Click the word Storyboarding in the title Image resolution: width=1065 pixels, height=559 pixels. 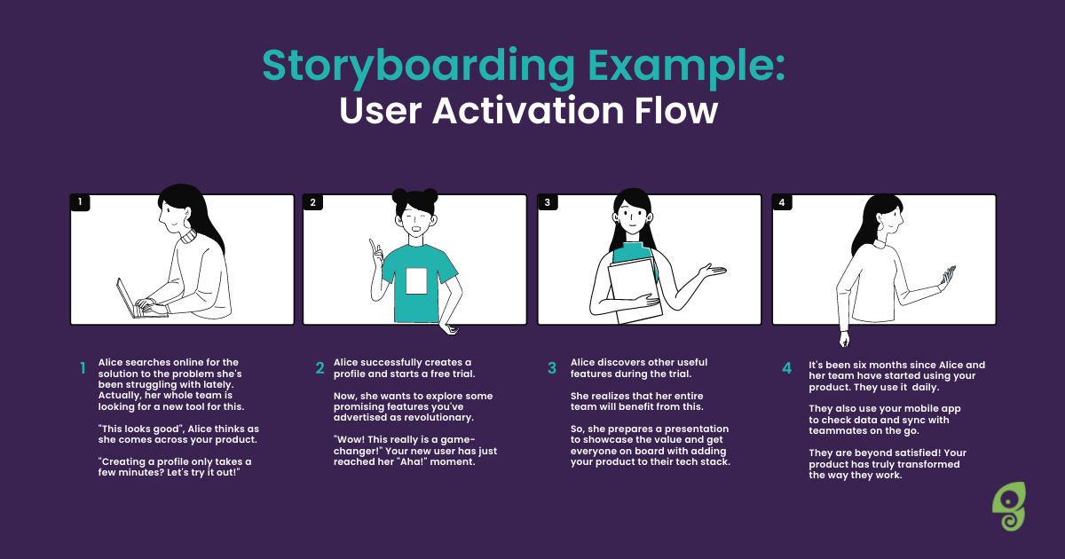coord(419,67)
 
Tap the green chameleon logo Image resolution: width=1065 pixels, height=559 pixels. coord(1009,507)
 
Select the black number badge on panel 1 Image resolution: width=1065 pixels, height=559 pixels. coord(80,202)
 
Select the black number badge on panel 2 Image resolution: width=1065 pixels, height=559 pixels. coord(312,202)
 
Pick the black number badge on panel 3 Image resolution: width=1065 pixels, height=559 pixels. coord(548,202)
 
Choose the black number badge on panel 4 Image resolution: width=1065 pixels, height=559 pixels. coord(782,202)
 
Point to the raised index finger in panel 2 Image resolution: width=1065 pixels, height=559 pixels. coord(373,246)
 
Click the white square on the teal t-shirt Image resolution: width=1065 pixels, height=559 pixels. coord(416,281)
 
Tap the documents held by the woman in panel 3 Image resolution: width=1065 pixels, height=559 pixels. coord(635,291)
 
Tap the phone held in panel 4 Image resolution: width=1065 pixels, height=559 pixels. coord(949,275)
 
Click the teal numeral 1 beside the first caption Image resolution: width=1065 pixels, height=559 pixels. coord(83,368)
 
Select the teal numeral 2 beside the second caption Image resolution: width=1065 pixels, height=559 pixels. coord(320,368)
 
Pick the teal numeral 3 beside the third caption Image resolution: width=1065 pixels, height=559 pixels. coord(551,368)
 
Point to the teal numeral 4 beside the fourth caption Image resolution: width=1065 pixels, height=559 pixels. coord(787,368)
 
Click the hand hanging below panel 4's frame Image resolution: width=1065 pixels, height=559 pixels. coord(844,339)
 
